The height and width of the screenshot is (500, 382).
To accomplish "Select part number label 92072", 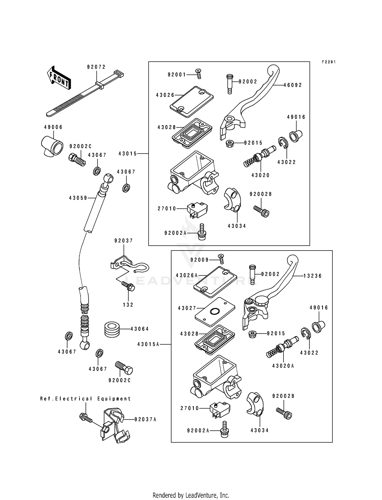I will coord(96,67).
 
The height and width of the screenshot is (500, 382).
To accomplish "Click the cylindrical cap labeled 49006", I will coord(52,146).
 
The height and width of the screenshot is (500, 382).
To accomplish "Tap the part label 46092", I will coord(293,85).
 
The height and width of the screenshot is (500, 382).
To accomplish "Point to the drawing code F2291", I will coord(329,62).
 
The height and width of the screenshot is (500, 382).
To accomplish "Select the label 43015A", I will coord(148,344).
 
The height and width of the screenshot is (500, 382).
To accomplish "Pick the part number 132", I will coord(128,305).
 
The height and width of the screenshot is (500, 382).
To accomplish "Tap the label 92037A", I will coord(145,419).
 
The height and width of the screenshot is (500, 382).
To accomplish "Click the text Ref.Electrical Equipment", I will coord(85,399).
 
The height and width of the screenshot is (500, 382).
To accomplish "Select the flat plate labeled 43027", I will coord(215,311).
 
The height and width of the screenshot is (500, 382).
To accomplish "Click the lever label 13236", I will coord(312,276).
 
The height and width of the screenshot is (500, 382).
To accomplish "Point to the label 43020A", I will coord(283,366).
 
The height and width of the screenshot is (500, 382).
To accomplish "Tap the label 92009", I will coord(199,260).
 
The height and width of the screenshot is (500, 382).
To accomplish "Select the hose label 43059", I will coord(78,198).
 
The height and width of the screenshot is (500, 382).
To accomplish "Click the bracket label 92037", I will coord(124,241).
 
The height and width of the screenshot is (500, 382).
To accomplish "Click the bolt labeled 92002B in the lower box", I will coord(284,413).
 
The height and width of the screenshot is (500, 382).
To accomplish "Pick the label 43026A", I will coord(187,275).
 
